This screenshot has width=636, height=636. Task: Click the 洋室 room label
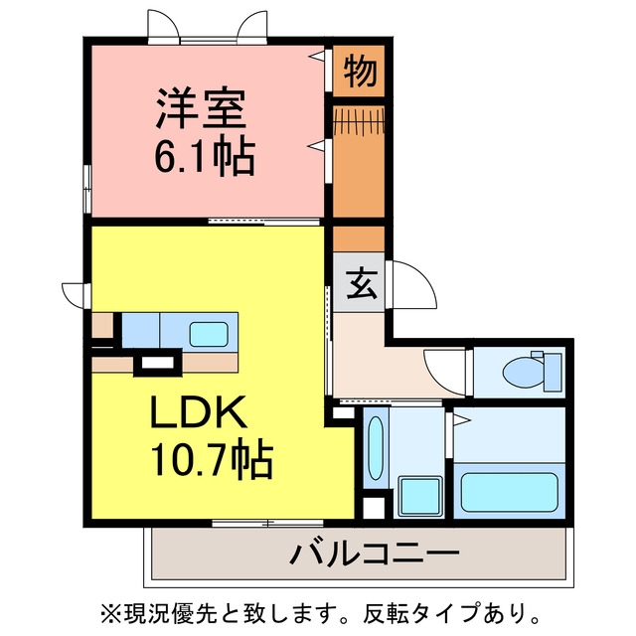tap(201, 108)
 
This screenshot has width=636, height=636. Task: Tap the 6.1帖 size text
tap(205, 156)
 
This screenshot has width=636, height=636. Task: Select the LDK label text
tap(199, 412)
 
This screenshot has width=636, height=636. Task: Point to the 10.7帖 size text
tap(212, 458)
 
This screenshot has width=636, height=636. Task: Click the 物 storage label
tap(360, 72)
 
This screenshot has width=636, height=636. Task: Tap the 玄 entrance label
tap(360, 283)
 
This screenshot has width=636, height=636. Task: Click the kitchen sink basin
tap(209, 335)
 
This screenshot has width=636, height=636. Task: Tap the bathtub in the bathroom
tap(510, 493)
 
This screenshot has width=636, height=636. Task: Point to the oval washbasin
tap(376, 448)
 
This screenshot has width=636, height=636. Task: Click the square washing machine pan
tap(419, 496)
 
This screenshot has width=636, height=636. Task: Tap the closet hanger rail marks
tap(359, 120)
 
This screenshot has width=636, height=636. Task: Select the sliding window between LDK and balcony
tap(267, 524)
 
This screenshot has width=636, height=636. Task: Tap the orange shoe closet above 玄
tap(359, 238)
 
